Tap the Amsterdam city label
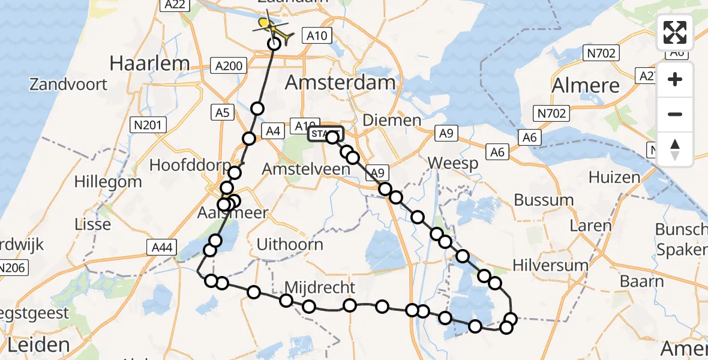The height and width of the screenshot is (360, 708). coord(340,82)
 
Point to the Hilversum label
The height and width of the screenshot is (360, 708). coord(550,265)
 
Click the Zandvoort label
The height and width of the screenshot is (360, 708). coord(68,83)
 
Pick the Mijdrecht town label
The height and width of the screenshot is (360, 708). coord(320,287)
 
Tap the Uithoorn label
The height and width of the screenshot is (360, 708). coord(289,244)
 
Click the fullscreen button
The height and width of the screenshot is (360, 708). coord(675,32)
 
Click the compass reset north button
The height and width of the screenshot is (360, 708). coord(675,149)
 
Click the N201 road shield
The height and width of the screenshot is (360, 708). coord(148,125)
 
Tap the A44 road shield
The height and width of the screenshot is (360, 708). coord(162,247)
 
